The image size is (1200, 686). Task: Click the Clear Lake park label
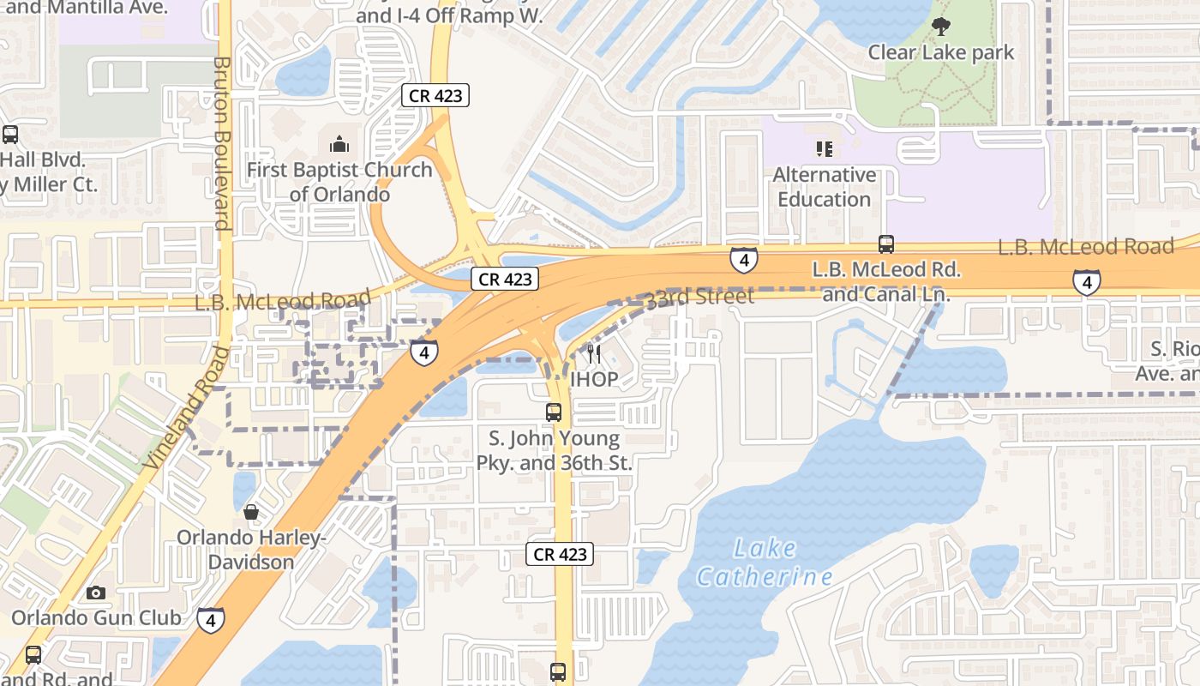(941, 52)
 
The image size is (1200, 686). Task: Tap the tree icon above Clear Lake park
(941, 27)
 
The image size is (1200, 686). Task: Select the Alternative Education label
(825, 187)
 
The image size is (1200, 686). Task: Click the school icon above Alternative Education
(825, 149)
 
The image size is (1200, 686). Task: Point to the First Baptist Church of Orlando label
(339, 182)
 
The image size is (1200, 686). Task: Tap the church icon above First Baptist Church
(339, 143)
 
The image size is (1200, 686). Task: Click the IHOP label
(593, 379)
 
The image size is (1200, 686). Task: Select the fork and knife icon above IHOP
(593, 353)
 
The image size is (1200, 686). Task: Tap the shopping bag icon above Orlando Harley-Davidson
(251, 512)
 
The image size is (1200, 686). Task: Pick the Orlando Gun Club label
(96, 617)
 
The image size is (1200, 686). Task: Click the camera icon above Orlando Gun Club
(96, 593)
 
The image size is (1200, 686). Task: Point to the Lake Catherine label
(764, 562)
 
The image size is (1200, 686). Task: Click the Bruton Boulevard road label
(221, 143)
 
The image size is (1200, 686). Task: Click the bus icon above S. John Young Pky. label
(554, 412)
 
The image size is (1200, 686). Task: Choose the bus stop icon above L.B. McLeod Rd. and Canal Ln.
(886, 244)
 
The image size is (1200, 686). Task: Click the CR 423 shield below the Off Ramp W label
(436, 96)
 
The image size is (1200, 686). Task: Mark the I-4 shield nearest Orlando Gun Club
(211, 619)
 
